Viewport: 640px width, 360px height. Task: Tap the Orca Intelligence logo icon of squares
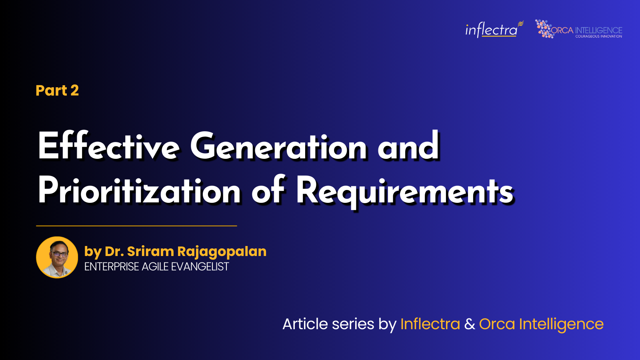[544, 29]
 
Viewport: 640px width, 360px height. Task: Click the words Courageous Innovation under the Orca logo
[598, 36]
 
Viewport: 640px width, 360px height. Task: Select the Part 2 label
[57, 90]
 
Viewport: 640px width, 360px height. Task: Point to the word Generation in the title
[278, 146]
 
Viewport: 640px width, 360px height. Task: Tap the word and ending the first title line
[408, 146]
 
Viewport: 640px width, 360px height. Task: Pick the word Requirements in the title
[404, 191]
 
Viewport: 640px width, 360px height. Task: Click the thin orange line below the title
[136, 226]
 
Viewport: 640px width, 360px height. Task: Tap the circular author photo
[57, 257]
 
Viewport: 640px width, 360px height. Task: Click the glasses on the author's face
[59, 254]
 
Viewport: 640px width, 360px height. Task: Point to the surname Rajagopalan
[222, 252]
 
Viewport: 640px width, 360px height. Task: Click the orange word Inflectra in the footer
[430, 324]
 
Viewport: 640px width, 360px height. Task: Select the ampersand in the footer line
[470, 324]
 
